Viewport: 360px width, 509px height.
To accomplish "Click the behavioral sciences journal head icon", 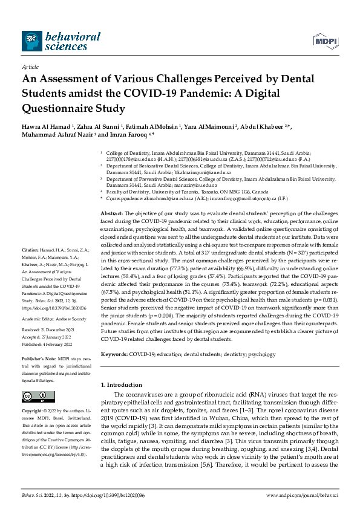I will point(31,41).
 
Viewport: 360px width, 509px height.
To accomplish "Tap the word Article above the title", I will point(30,66).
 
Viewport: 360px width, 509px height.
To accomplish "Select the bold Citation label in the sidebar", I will point(30,267).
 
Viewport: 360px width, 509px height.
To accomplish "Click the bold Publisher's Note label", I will point(39,358).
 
